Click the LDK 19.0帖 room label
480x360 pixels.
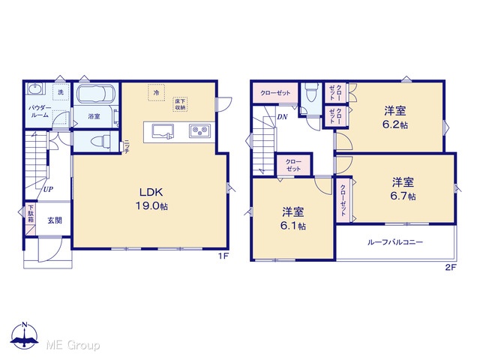[151, 199]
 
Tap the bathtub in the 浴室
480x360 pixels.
[95, 94]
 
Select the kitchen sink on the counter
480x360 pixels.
[163, 132]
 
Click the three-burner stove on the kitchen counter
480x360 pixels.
[199, 131]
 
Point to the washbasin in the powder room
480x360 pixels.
[34, 88]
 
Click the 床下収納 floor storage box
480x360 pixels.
[180, 104]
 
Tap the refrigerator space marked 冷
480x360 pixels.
[157, 92]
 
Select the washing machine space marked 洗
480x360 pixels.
[61, 91]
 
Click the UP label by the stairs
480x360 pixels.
[48, 189]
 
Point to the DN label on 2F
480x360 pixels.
[282, 117]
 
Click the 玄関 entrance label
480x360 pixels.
[55, 220]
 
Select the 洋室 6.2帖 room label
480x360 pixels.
[395, 117]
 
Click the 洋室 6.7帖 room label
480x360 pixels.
[403, 188]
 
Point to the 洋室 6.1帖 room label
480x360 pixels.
[293, 218]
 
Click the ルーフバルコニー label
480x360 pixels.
[395, 242]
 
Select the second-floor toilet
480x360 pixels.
[310, 92]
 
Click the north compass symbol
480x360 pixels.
[25, 335]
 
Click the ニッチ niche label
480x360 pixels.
[127, 147]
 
